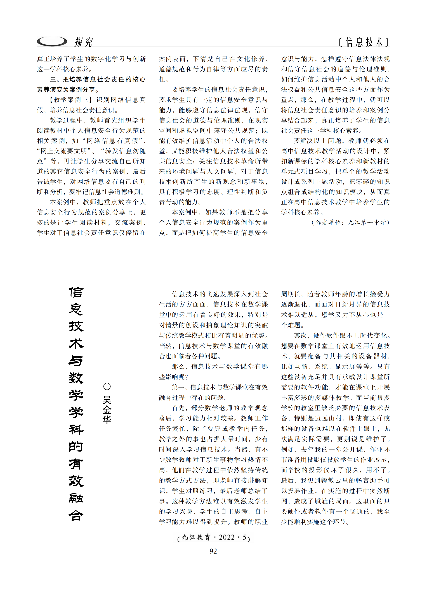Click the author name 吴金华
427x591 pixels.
pos(107,410)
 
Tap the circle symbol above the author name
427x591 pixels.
pos(107,386)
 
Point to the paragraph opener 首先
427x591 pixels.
pos(178,408)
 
